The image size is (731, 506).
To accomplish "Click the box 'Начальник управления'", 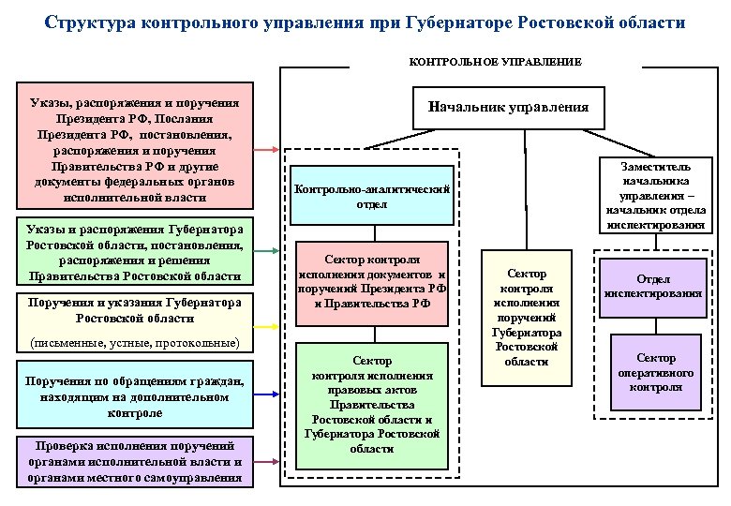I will pyautogui.click(x=507, y=107).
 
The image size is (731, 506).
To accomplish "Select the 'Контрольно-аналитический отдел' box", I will pyautogui.click(x=372, y=197).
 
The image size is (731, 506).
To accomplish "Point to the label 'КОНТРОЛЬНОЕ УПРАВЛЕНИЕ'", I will pyautogui.click(x=495, y=62).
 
